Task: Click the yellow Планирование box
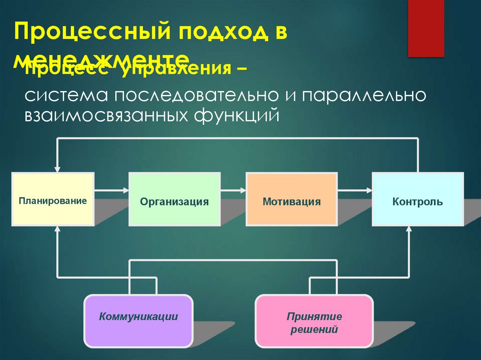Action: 53,200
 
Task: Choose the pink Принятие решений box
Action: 314,322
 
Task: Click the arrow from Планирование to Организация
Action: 111,190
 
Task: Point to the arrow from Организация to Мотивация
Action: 233,190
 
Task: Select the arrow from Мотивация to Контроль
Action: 355,190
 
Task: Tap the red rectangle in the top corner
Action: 426,28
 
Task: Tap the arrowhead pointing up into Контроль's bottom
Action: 409,229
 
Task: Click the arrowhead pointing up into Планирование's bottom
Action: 57,229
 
